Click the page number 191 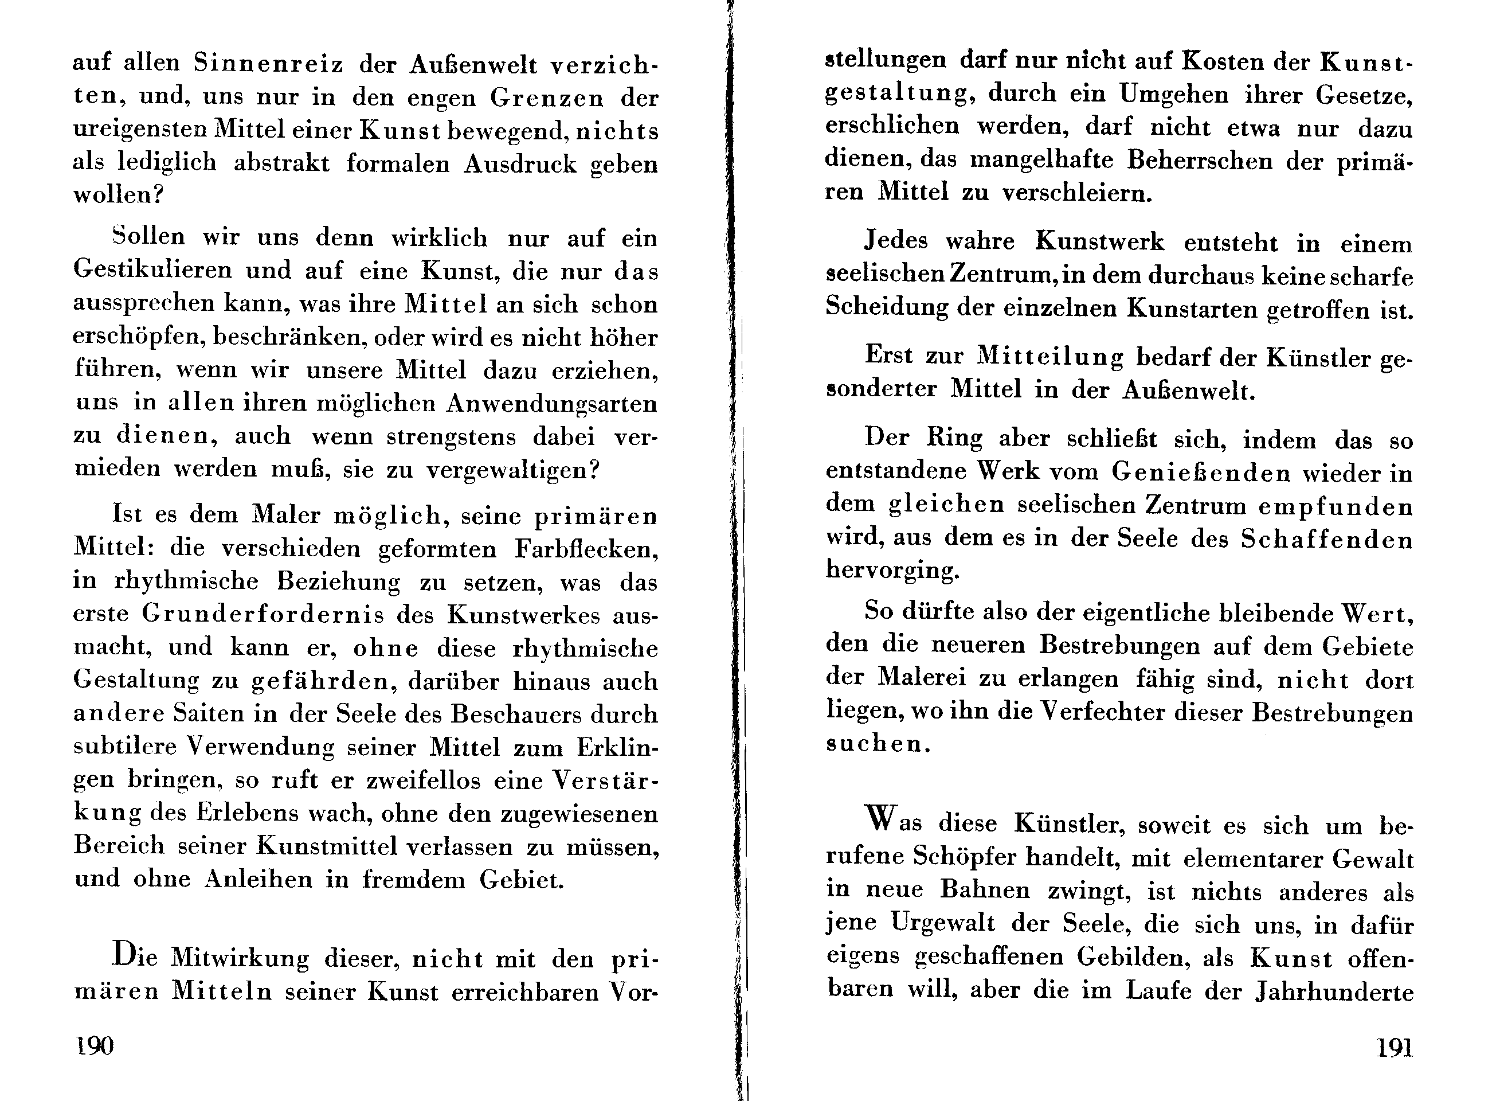click(x=1394, y=1048)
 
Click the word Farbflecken click(x=586, y=549)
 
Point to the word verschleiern click(x=1076, y=193)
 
